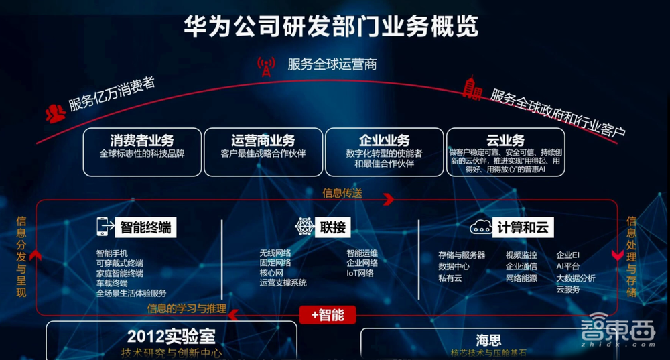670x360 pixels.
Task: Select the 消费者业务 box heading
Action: click(142, 141)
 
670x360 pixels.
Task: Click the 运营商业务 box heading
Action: click(263, 141)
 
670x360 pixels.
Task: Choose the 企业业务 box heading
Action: click(384, 141)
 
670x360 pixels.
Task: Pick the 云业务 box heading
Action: click(505, 140)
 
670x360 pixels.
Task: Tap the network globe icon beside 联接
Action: click(305, 227)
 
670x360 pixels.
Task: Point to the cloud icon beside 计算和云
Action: click(481, 227)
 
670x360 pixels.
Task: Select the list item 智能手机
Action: click(112, 253)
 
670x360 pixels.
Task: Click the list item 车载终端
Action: click(112, 283)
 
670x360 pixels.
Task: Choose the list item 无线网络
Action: click(275, 253)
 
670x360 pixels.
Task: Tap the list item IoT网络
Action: click(360, 273)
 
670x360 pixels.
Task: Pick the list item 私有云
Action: click(450, 278)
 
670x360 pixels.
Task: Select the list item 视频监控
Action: click(521, 255)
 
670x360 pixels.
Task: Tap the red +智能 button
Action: click(328, 314)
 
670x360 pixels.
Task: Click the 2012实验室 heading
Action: click(172, 335)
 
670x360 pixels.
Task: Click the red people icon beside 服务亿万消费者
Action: click(55, 113)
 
